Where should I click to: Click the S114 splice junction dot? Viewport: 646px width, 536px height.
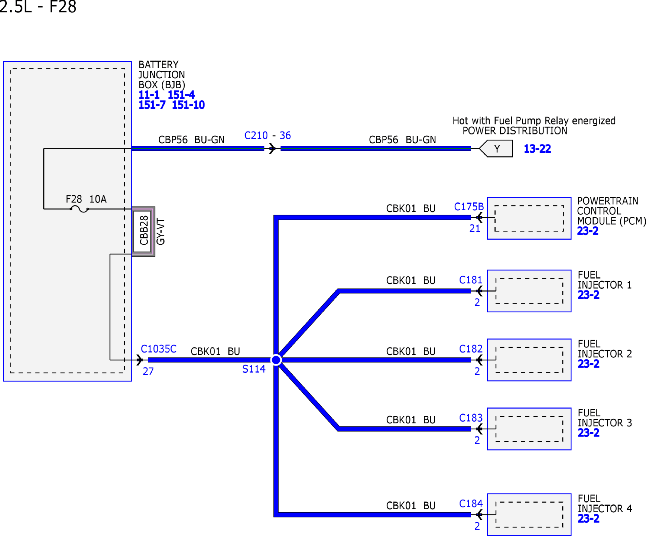click(276, 360)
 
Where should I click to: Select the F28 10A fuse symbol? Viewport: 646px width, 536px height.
click(79, 209)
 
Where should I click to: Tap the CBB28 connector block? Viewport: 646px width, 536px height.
click(143, 231)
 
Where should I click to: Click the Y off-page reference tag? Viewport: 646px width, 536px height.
click(496, 148)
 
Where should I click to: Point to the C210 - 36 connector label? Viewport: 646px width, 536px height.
click(267, 135)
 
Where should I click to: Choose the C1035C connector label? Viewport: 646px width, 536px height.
click(158, 349)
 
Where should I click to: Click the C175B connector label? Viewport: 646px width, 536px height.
click(469, 207)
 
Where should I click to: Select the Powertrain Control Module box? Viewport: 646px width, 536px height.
click(529, 218)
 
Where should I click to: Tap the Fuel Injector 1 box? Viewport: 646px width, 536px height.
click(529, 291)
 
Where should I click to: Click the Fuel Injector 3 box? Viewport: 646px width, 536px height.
click(529, 429)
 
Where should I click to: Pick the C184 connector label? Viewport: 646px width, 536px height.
click(471, 503)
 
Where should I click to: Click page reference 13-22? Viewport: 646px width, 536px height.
click(537, 149)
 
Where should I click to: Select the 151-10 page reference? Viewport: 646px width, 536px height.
click(188, 105)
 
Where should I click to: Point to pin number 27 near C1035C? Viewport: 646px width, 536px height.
click(148, 371)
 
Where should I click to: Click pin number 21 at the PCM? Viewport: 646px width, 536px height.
click(475, 229)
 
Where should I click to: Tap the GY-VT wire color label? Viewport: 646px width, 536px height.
click(160, 232)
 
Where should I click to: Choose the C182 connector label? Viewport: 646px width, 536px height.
click(471, 349)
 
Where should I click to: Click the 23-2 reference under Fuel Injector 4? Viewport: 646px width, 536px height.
click(588, 518)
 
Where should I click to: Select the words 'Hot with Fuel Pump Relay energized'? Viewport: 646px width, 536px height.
click(534, 121)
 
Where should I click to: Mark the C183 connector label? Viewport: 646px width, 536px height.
click(471, 418)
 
